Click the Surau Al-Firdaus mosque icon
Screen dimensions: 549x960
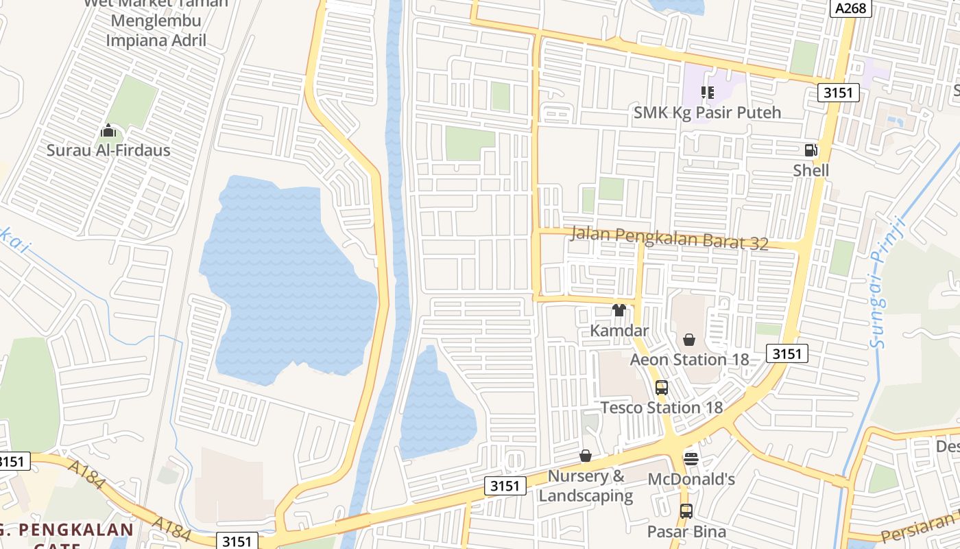108,130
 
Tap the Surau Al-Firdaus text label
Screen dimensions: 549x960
108,150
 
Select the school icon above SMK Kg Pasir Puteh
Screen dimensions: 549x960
708,92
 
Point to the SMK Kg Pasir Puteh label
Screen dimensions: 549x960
708,112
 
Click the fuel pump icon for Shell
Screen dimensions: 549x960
811,150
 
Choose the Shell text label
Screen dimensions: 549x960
811,170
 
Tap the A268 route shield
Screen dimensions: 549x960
851,8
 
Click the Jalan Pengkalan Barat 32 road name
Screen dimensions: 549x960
669,237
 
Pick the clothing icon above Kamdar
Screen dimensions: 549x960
619,310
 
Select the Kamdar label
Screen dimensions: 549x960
619,330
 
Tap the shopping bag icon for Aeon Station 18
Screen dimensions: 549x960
689,340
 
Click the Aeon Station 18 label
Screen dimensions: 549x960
689,360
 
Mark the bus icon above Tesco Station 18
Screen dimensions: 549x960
662,388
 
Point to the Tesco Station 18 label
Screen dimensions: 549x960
662,408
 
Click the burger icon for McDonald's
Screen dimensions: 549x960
691,458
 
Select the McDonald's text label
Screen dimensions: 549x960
691,478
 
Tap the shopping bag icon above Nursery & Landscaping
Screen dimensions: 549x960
586,456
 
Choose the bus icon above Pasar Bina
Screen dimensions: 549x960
686,511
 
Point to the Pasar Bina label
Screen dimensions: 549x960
686,531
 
